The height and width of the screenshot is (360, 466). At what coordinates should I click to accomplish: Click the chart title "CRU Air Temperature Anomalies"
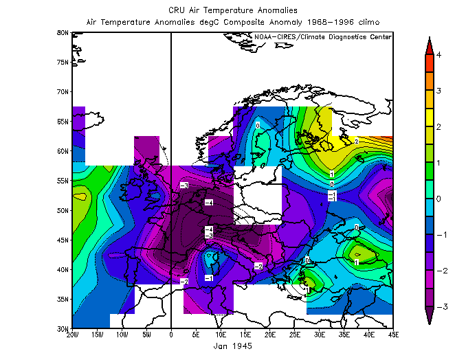pos(232,10)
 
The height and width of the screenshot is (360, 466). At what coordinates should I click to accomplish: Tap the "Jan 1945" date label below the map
pos(233,346)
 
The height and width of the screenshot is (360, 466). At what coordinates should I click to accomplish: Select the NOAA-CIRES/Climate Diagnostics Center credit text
pos(322,36)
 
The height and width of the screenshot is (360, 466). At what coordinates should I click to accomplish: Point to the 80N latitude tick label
pos(62,32)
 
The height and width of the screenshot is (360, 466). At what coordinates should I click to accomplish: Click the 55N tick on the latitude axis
pos(62,181)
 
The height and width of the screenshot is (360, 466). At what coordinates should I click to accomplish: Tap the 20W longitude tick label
pos(71,335)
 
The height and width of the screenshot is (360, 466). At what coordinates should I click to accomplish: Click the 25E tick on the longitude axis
pos(295,335)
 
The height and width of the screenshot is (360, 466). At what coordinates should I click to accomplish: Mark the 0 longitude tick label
pos(170,335)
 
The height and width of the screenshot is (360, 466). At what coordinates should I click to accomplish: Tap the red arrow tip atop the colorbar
pos(429,46)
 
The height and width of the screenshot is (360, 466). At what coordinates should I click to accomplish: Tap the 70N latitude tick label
pos(62,91)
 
